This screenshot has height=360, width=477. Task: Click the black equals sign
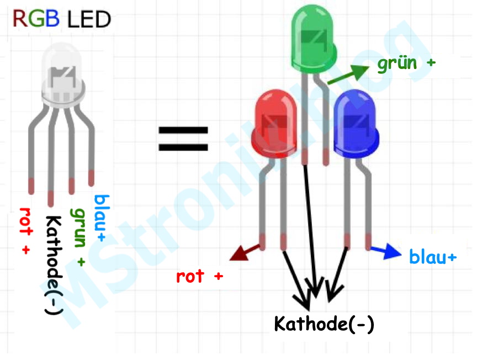pos(183,139)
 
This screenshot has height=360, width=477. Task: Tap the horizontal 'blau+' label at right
pos(433,257)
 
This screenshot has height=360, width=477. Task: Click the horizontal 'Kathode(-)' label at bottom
pos(324,324)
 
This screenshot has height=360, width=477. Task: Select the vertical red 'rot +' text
pos(25,231)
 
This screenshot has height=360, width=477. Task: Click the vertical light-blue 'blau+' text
pos(101,219)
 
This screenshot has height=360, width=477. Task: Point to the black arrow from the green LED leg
pos(311,232)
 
